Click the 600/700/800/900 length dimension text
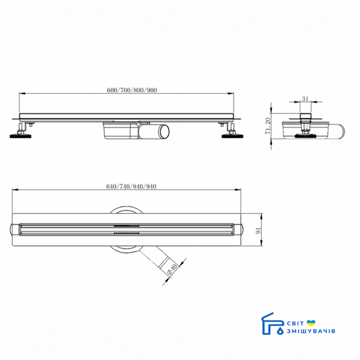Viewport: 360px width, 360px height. point(132,90)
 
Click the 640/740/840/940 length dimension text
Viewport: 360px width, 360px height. point(131,187)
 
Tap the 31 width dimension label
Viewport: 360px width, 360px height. point(305,99)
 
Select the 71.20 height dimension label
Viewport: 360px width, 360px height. point(268,126)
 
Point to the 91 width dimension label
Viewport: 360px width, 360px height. point(259,230)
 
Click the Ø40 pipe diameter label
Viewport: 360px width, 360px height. point(172,269)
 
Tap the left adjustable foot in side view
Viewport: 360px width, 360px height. point(21,132)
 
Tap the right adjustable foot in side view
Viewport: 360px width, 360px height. point(232,132)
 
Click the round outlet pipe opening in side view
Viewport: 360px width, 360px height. point(164,131)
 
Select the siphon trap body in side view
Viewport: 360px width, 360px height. point(121,131)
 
